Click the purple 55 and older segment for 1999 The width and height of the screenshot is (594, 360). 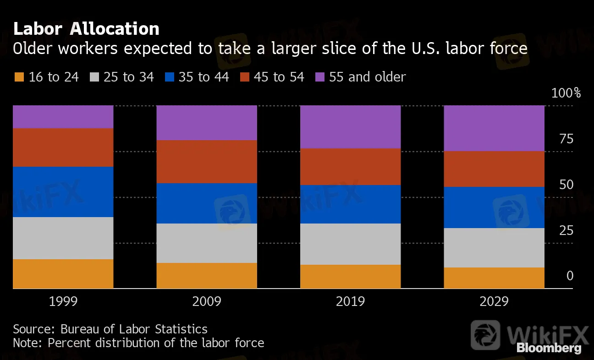point(63,117)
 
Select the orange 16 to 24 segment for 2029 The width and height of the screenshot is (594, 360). point(494,278)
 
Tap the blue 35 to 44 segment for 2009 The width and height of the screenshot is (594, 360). point(207,203)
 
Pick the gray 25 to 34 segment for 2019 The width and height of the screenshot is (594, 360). point(350,244)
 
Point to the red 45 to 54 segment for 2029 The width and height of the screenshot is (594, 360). point(494,169)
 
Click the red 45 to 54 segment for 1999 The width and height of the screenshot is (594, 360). point(63,147)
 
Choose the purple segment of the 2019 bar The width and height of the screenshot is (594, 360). point(350,127)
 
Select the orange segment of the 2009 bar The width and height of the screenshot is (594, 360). point(207,276)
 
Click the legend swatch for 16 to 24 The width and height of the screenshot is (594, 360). point(19,77)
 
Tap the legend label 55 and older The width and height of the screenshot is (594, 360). point(367,77)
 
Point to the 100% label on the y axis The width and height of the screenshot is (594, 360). point(566,93)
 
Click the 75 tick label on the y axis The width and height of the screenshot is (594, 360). point(566,139)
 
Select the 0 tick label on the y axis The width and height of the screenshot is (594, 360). point(570,276)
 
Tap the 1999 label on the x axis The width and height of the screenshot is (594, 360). point(63,301)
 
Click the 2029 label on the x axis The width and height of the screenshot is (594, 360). point(494,301)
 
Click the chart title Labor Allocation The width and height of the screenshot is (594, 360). point(86,29)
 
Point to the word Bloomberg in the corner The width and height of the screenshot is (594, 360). point(549,348)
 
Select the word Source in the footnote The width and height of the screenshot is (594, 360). point(34,329)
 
